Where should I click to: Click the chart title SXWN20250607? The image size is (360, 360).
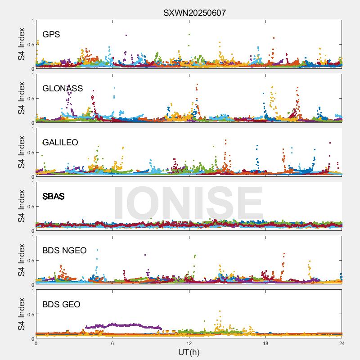pyautogui.click(x=194, y=13)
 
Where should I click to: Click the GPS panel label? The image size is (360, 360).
pyautogui.click(x=51, y=34)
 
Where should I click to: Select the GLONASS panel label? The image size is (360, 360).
pyautogui.click(x=63, y=88)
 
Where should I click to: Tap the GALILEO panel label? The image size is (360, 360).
pyautogui.click(x=60, y=142)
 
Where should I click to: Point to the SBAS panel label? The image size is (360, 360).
pyautogui.click(x=54, y=196)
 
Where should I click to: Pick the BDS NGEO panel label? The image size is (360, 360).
pyautogui.click(x=64, y=251)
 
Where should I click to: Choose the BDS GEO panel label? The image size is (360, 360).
pyautogui.click(x=61, y=305)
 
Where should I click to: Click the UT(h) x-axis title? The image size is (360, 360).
pyautogui.click(x=189, y=351)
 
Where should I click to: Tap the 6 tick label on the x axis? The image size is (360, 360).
pyautogui.click(x=112, y=343)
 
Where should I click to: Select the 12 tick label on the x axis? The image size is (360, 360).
pyautogui.click(x=189, y=343)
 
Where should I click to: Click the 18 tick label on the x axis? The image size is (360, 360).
pyautogui.click(x=265, y=343)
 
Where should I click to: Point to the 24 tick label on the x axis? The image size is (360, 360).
pyautogui.click(x=342, y=343)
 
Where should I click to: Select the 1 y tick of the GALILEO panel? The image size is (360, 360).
pyautogui.click(x=32, y=129)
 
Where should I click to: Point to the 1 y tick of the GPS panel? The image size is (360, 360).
pyautogui.click(x=32, y=21)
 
